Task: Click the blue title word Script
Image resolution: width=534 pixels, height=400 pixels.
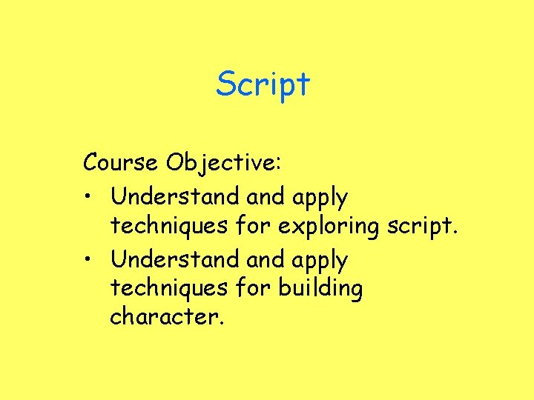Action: (x=263, y=84)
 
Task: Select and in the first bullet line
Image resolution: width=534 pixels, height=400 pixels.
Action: (x=265, y=196)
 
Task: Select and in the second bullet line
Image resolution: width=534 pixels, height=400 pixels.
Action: (x=265, y=259)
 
